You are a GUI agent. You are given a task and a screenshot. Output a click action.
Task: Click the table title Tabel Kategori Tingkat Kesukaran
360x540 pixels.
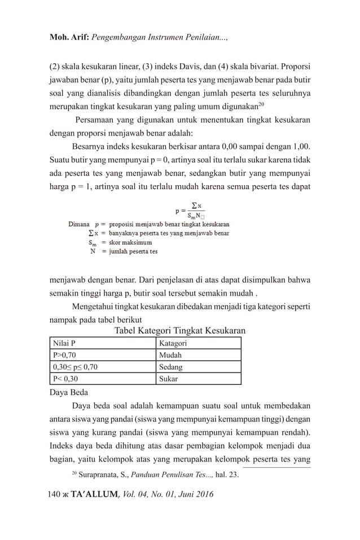(179, 331)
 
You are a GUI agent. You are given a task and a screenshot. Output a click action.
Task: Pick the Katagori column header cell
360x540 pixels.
(199, 343)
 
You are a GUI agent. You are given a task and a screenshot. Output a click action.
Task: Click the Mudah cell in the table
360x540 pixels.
(199, 355)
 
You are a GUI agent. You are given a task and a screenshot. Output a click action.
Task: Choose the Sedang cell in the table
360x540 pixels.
(199, 367)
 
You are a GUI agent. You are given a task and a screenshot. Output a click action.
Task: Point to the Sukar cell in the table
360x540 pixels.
(199, 379)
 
